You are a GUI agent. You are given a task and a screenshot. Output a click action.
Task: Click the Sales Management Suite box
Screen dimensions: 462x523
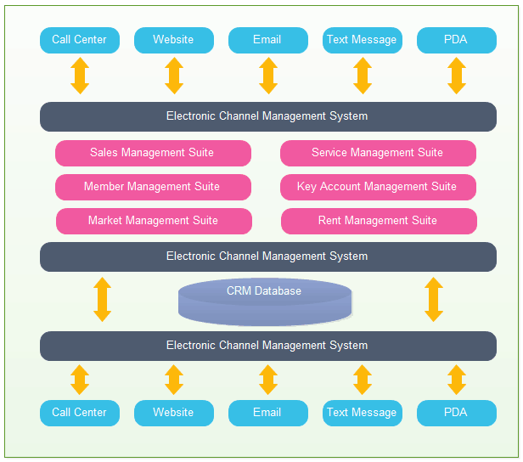153,153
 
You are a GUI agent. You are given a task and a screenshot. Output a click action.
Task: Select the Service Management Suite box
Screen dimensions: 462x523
378,153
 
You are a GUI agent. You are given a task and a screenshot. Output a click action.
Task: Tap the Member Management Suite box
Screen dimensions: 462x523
153,187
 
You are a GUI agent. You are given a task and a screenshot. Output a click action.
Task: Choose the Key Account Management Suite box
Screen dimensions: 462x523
378,187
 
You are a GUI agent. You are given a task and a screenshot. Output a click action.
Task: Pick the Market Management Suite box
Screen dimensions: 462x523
154,221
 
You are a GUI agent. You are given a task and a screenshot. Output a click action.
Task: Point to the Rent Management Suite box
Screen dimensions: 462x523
379,221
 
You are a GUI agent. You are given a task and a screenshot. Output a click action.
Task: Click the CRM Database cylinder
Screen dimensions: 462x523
265,301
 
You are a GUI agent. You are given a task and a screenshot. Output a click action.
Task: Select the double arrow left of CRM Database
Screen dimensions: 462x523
103,299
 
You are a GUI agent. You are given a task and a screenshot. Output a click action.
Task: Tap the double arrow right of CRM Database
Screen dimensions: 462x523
434,299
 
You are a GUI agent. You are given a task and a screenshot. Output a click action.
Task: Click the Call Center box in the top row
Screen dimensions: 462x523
80,40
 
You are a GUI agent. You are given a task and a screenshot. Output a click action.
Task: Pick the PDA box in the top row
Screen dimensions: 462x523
457,40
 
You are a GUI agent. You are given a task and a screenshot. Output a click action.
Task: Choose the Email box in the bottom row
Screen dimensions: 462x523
268,413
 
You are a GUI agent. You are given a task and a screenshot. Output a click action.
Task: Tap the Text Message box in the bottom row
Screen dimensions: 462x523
363,413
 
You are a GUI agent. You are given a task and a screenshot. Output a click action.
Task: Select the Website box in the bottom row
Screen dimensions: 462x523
174,413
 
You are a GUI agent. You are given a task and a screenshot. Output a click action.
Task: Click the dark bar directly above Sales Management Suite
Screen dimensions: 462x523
268,116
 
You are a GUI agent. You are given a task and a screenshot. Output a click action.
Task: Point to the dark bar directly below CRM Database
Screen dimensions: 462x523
268,346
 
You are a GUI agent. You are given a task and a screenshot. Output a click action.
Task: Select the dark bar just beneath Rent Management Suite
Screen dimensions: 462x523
268,256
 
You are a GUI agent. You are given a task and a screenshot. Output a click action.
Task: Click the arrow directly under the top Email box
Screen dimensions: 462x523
268,76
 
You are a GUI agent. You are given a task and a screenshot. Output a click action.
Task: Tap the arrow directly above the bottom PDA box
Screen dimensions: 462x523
457,380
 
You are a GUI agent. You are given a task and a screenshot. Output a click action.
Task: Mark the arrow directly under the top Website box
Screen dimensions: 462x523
174,76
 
